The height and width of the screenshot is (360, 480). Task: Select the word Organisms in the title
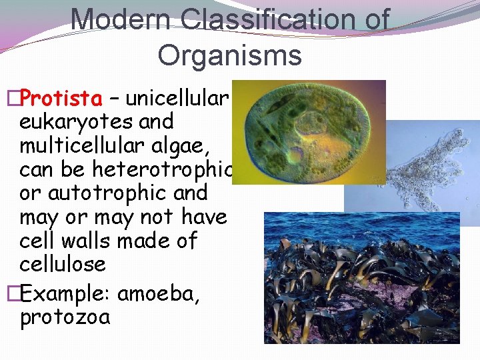coord(229,55)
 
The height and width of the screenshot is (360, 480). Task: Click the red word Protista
coord(61,99)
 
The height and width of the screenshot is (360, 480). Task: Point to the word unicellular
coord(177,99)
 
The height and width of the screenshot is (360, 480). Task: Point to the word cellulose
coord(63,264)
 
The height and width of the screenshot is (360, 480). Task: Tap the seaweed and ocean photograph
coord(361,280)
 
